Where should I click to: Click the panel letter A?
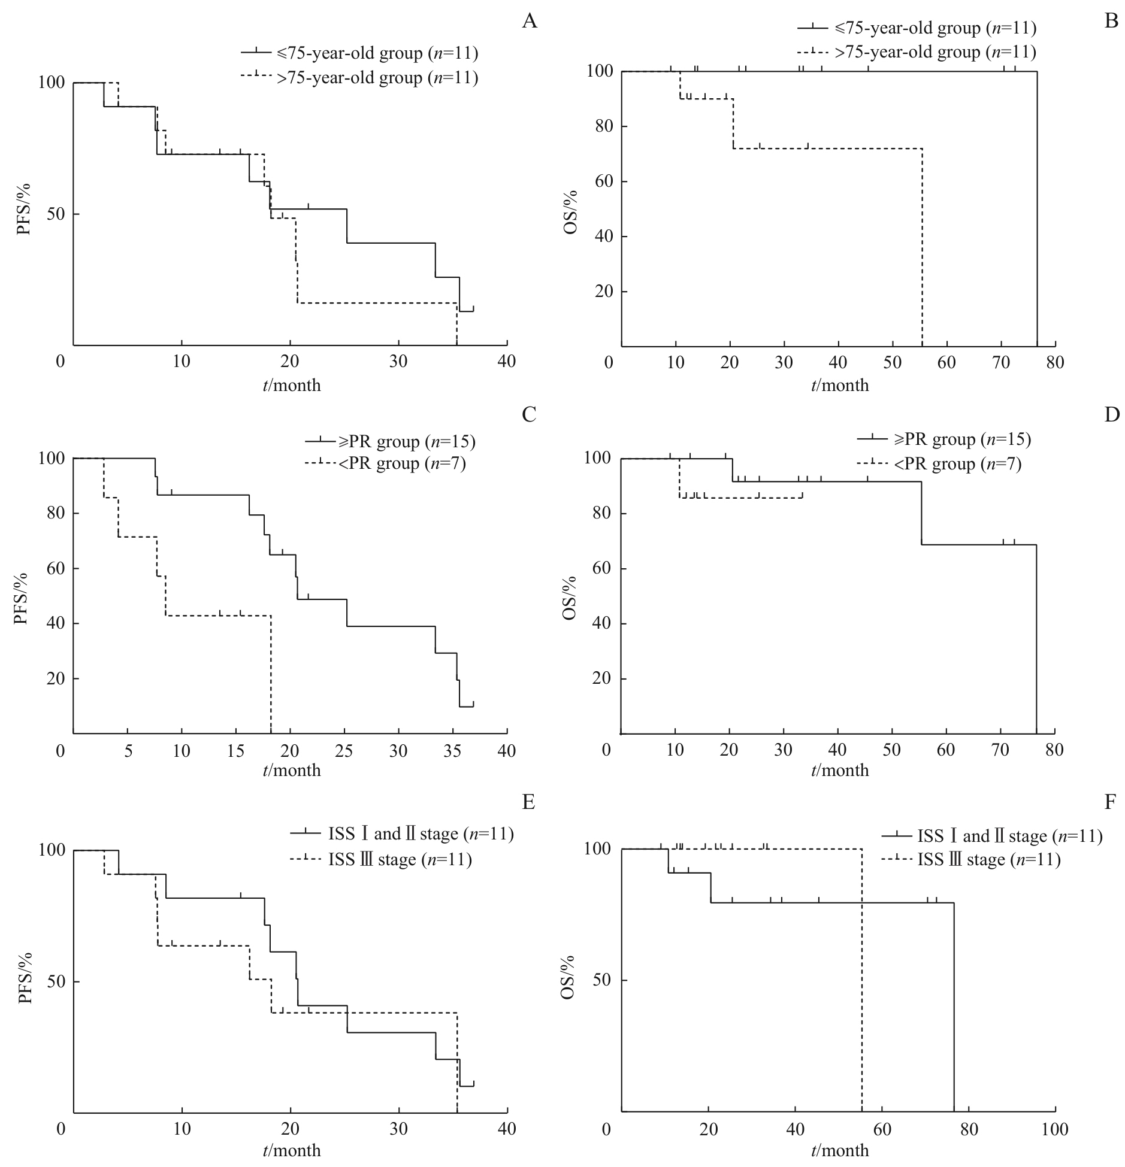click(529, 22)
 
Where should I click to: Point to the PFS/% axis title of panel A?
click(23, 214)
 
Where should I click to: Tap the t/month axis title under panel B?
click(840, 385)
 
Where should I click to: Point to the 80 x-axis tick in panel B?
click(1055, 363)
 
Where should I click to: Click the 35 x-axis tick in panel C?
click(453, 751)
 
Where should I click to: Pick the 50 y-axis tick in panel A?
click(50, 214)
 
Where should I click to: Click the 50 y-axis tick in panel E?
click(50, 982)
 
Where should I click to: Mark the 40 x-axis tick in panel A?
click(507, 363)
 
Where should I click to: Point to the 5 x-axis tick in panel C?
click(128, 751)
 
